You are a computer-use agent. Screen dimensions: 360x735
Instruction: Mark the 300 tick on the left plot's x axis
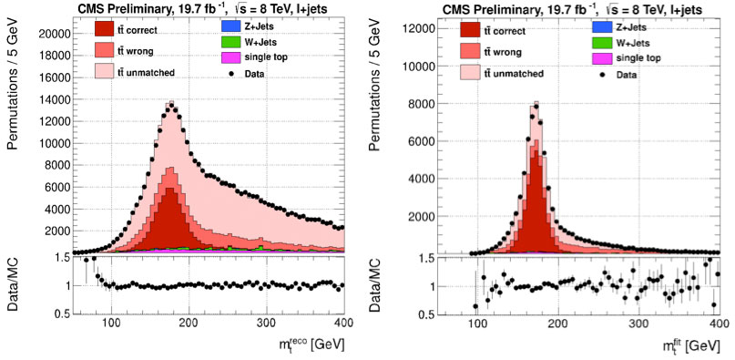click(x=266, y=324)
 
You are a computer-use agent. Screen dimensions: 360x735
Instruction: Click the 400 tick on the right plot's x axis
click(x=716, y=324)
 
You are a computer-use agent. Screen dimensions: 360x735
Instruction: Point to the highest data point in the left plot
click(x=170, y=103)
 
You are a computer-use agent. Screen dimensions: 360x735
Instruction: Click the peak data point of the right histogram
click(x=536, y=106)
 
